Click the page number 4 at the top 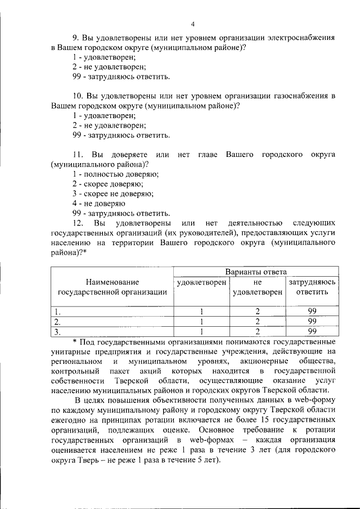(x=192, y=24)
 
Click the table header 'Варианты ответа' (x=255, y=272)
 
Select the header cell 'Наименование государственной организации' (x=112, y=286)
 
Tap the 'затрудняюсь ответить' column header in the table (x=312, y=286)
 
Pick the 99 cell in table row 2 (x=312, y=321)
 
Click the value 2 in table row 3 (x=257, y=331)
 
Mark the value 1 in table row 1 (x=201, y=311)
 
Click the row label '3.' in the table (x=57, y=331)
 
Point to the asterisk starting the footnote (x=75, y=342)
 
